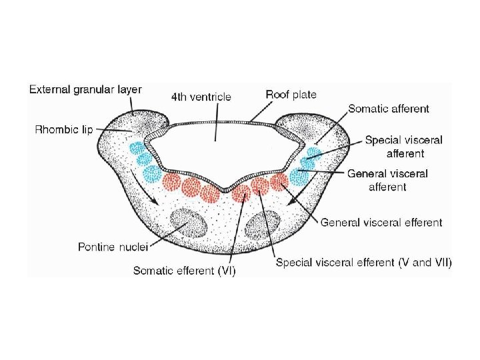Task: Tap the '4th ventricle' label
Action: pyautogui.click(x=201, y=97)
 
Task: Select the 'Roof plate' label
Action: pyautogui.click(x=291, y=95)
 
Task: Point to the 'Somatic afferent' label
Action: pyautogui.click(x=389, y=108)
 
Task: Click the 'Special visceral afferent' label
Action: pyautogui.click(x=404, y=146)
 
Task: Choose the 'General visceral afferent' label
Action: pyautogui.click(x=387, y=180)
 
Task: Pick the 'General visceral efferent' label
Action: pyautogui.click(x=381, y=223)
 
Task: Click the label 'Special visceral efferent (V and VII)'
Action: pyautogui.click(x=363, y=263)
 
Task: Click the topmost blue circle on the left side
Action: pyautogui.click(x=137, y=148)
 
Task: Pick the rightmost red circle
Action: pyautogui.click(x=279, y=181)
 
